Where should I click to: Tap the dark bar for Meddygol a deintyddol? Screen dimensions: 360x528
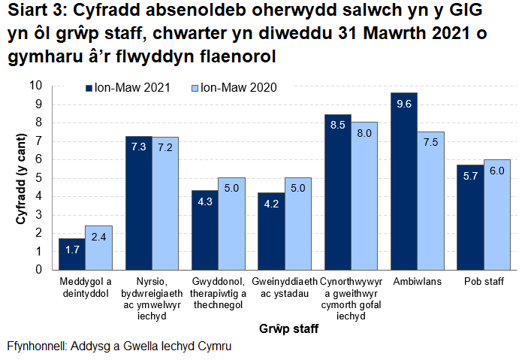pos(71,253)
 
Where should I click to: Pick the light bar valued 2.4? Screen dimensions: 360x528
pos(98,247)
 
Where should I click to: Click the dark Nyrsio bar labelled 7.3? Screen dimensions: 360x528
pos(138,203)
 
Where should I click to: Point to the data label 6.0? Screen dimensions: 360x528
pos(496,171)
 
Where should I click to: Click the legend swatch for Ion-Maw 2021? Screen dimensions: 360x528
pos(89,87)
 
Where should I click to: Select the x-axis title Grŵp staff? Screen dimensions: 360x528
pos(288,328)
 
